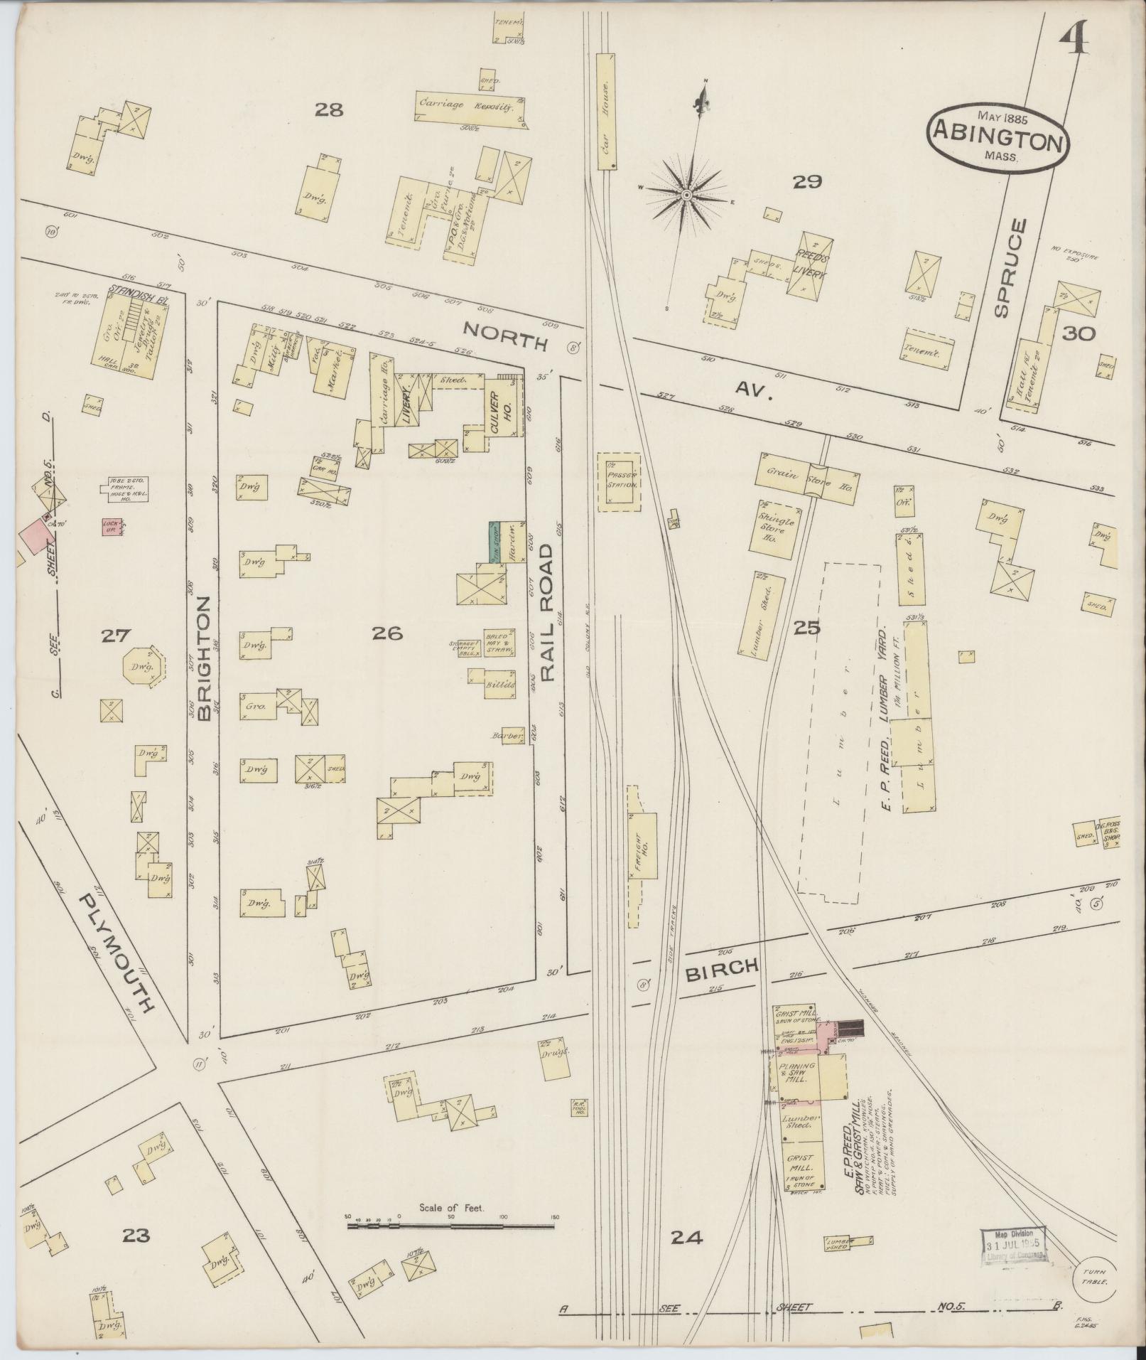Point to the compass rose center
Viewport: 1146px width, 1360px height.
point(687,194)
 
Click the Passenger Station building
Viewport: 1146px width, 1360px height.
point(618,481)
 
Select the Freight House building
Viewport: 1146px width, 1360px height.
point(642,845)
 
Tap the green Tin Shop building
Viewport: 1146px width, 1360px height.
point(493,543)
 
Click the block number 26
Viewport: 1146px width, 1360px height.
point(388,632)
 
